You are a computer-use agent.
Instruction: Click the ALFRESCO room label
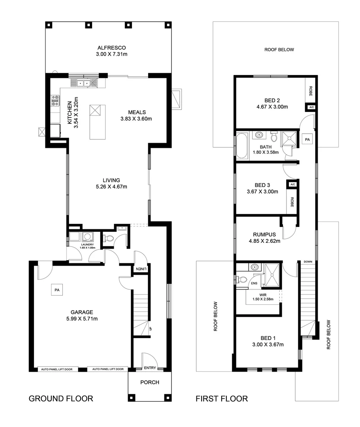(x=111, y=48)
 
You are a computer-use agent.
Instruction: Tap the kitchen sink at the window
(x=83, y=83)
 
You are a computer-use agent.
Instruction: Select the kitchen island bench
(x=96, y=122)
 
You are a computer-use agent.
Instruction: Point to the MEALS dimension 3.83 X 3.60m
(x=136, y=118)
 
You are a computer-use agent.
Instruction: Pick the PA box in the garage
(x=57, y=290)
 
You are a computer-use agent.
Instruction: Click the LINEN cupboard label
(x=141, y=269)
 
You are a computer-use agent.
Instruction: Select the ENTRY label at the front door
(x=150, y=368)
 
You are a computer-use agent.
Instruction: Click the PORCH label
(x=150, y=382)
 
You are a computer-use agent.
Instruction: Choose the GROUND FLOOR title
(x=61, y=399)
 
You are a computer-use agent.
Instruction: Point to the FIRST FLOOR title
(x=222, y=399)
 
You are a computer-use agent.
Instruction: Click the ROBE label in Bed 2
(x=311, y=91)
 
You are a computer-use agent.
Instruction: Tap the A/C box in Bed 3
(x=292, y=185)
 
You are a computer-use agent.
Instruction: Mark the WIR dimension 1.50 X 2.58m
(x=262, y=299)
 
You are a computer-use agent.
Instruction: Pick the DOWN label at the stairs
(x=308, y=262)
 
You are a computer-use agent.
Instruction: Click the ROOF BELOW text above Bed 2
(x=279, y=50)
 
